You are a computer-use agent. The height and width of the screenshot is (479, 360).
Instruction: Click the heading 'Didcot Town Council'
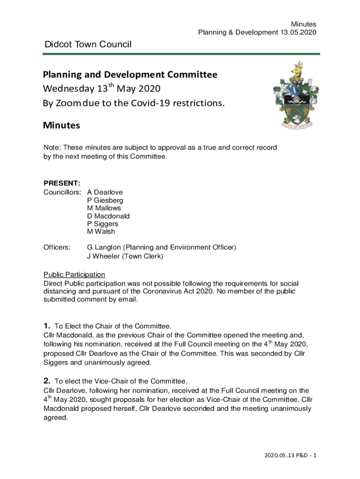(x=88, y=44)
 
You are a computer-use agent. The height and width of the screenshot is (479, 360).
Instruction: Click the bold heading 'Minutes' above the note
(x=62, y=125)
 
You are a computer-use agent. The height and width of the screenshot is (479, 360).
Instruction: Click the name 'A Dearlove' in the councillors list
(x=105, y=192)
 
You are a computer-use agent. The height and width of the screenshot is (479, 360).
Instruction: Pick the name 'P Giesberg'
(x=105, y=200)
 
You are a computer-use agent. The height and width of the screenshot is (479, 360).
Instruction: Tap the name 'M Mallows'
(x=104, y=208)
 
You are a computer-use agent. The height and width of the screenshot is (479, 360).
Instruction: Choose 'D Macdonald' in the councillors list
(x=108, y=216)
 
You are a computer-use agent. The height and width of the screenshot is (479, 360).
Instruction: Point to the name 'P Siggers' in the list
(x=102, y=224)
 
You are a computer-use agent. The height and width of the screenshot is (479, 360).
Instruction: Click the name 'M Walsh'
(x=101, y=232)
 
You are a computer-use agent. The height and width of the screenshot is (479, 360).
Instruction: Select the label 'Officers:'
(x=57, y=247)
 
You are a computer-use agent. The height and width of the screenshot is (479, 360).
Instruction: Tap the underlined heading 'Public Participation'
(x=74, y=275)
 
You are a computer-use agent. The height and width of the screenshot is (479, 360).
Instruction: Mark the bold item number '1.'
(x=47, y=326)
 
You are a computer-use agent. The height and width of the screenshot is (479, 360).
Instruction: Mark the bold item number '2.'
(x=47, y=381)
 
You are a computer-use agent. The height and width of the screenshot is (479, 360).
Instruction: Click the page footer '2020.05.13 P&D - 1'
(x=290, y=455)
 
